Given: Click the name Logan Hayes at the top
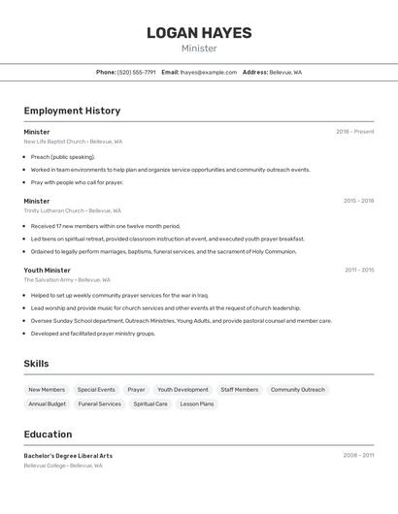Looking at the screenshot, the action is point(199,33).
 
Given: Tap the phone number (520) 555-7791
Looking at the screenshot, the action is point(136,72).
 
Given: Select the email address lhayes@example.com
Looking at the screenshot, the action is point(208,72).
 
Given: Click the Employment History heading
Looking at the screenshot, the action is point(72,111).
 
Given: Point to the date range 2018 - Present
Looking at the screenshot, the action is point(354,132).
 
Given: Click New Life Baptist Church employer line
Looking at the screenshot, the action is point(73,142).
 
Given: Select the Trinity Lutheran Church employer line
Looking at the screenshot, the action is point(73,210).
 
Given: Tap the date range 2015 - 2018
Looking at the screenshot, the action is point(358,201).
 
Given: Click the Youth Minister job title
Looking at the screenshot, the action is point(48,270).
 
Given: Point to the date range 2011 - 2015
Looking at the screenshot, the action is point(358,270).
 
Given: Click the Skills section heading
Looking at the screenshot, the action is point(36,364).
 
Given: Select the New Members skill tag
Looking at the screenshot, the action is point(47,390).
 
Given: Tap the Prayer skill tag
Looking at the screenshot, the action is point(136,390).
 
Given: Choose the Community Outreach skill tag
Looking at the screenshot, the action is point(298,390).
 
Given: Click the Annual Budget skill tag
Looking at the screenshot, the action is point(47,403).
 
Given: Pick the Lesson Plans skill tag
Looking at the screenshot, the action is point(196,403).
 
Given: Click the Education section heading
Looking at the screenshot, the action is point(48,434).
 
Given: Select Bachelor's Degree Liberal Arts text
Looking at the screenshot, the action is point(68,456).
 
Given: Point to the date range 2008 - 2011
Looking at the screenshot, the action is point(358,455).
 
